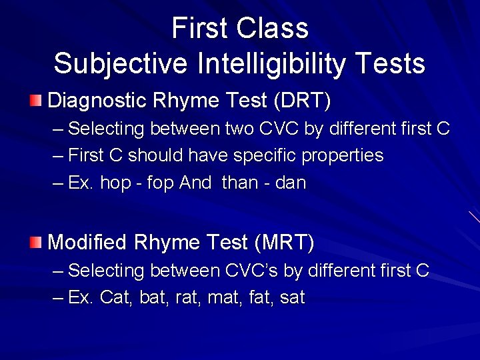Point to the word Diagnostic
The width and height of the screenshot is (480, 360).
(97, 101)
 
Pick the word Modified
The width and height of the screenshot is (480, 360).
(87, 242)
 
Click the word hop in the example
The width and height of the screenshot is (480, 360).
(115, 183)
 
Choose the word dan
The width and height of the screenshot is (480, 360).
(290, 183)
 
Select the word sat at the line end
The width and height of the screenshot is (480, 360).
(292, 298)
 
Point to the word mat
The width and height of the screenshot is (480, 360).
(223, 298)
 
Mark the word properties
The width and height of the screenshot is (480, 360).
(343, 156)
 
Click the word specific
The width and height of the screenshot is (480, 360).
(262, 156)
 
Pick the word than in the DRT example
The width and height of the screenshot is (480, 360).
(239, 183)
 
